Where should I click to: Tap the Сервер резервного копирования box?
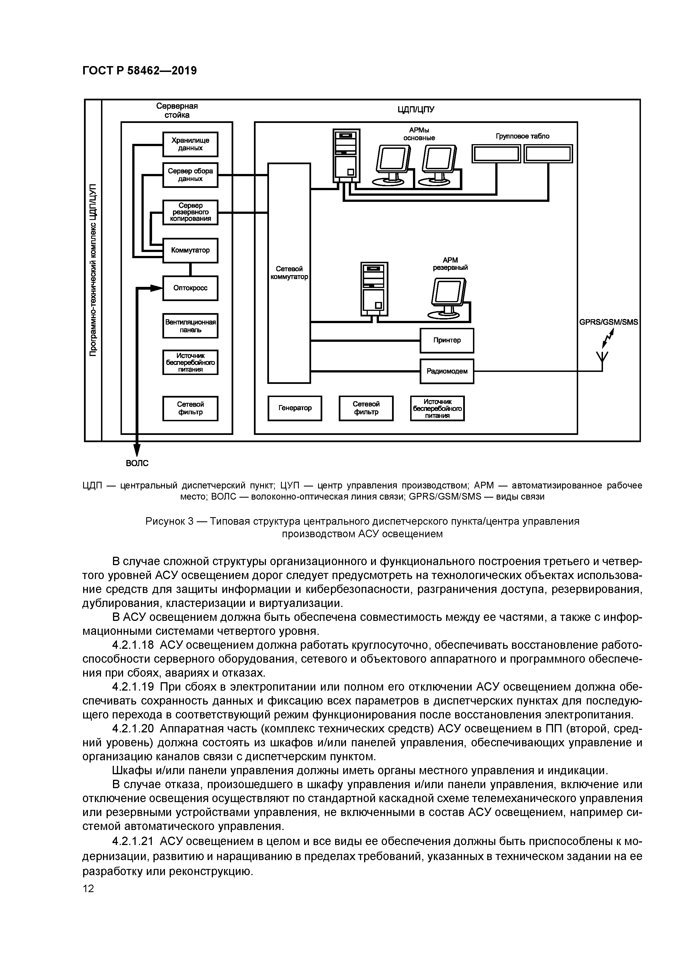click(190, 212)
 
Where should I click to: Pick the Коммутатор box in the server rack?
click(190, 250)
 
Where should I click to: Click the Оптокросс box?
click(190, 288)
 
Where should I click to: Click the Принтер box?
click(446, 340)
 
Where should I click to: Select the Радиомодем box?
click(446, 371)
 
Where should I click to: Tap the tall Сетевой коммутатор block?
click(289, 273)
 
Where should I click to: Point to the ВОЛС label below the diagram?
click(137, 463)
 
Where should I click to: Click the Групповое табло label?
click(522, 136)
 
